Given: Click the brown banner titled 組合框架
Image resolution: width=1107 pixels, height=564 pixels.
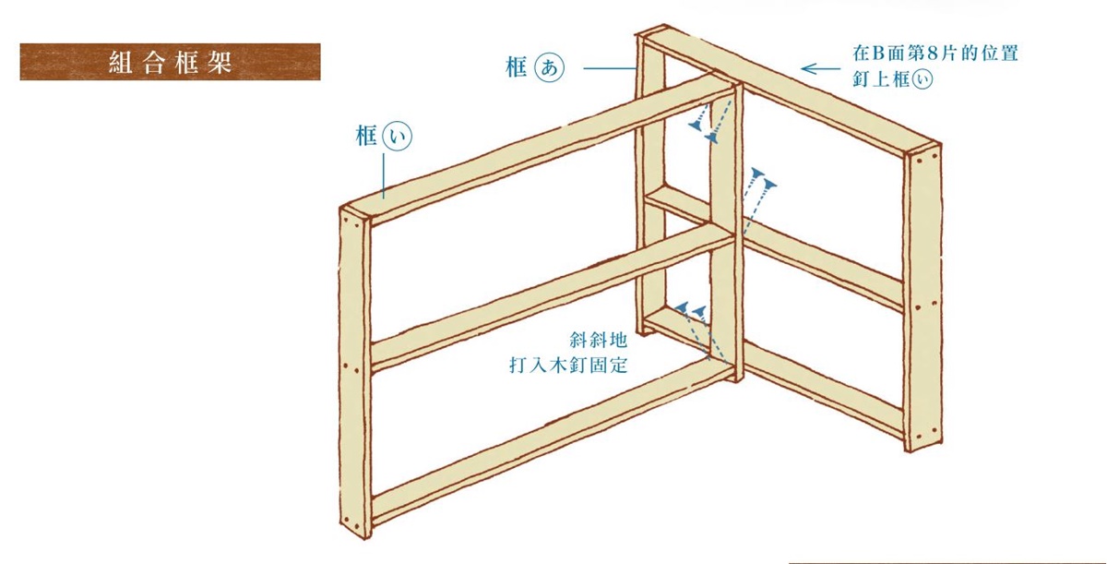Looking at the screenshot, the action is click(170, 62).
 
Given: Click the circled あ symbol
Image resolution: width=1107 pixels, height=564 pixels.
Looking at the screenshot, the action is click(549, 67).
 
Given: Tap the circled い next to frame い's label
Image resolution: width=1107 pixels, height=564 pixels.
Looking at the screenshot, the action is click(398, 136).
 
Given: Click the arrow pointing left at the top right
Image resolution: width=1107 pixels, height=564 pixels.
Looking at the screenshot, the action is click(820, 68).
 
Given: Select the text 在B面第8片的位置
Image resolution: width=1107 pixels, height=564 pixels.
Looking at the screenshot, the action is click(935, 54).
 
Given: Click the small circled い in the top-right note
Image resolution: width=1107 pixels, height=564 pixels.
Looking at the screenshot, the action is click(922, 79).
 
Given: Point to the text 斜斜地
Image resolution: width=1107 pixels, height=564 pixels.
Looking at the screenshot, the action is click(599, 340).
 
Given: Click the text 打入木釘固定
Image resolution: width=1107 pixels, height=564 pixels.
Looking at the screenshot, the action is click(568, 366).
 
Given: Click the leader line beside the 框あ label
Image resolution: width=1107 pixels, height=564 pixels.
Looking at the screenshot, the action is click(610, 68).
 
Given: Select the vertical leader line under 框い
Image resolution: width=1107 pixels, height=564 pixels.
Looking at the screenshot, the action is click(384, 176).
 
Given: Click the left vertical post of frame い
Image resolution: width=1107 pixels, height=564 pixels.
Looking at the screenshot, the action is click(355, 372).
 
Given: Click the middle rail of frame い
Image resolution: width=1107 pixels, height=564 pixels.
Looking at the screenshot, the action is click(551, 296).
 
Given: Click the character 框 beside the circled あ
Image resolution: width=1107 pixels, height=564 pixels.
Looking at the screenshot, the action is click(517, 67).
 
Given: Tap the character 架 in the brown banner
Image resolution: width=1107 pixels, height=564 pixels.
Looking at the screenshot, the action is click(220, 62).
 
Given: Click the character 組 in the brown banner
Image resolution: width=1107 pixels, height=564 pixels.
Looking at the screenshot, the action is click(120, 62).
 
